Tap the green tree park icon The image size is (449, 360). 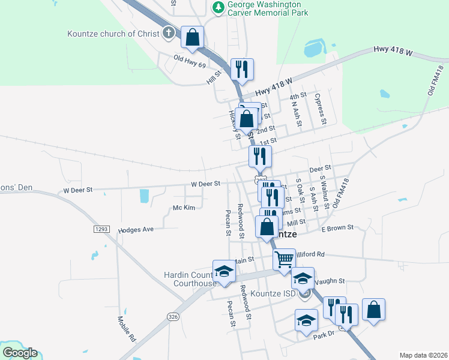coord(218,8)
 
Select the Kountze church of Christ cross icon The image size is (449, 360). coord(169,33)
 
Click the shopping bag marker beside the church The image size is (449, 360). coord(192,37)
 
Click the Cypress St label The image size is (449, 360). coord(322,109)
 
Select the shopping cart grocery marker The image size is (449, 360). coord(284,260)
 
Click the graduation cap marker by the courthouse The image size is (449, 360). coord(224,271)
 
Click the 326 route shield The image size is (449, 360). coord(173,316)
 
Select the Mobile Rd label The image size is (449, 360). coord(127,329)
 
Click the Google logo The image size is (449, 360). coord(19,353)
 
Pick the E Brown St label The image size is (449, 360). coord(337,228)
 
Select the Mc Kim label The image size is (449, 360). coord(184,208)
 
